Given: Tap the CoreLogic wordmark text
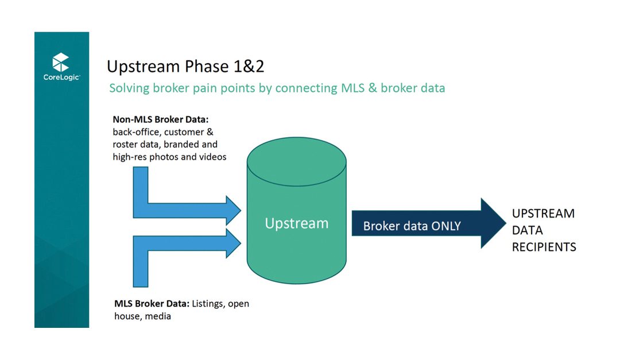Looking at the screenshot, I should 61,78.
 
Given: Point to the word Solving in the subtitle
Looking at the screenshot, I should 129,88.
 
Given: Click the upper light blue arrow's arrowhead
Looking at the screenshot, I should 233,210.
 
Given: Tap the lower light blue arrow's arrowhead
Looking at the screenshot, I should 233,243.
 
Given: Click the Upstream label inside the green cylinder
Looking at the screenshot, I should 296,223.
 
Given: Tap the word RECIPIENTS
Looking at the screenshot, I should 544,247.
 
